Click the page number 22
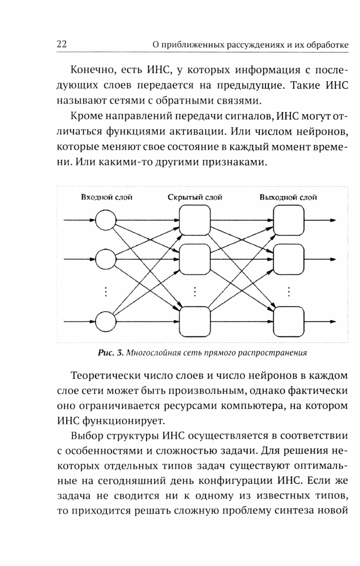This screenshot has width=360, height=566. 62,44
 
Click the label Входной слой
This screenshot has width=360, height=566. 107,197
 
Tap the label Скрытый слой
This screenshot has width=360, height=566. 195,197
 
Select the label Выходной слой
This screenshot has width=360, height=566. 288,197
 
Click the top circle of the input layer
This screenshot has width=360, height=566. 106,220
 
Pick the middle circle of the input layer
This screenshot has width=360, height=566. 106,259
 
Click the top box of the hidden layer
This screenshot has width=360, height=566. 195,220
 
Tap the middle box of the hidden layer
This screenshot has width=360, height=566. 195,259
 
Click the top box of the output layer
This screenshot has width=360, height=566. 289,220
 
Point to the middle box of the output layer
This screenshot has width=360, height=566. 289,259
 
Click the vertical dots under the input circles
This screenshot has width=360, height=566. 106,291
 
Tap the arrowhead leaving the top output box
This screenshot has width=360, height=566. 333,220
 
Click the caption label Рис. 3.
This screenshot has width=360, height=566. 111,353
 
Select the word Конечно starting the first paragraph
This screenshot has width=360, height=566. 92,70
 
